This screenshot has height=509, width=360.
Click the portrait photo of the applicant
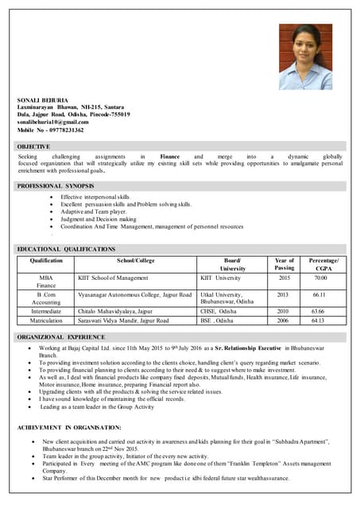pyautogui.click(x=305, y=56)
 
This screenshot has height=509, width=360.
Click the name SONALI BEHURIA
pyautogui.click(x=40, y=99)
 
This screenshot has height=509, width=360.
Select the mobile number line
pyautogui.click(x=50, y=130)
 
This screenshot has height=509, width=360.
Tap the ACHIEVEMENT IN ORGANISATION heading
pyautogui.click(x=69, y=428)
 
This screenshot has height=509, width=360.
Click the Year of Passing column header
pyautogui.click(x=284, y=264)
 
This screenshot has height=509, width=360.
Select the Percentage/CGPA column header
pyautogui.click(x=323, y=264)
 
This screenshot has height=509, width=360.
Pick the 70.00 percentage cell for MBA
pyautogui.click(x=320, y=278)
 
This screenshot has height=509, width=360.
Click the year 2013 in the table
pyautogui.click(x=284, y=294)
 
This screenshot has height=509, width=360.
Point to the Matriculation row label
pyautogui.click(x=46, y=321)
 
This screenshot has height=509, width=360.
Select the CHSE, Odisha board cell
pyautogui.click(x=223, y=312)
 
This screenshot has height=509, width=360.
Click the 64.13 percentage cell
pyautogui.click(x=318, y=321)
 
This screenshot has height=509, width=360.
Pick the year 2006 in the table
pyautogui.click(x=284, y=321)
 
